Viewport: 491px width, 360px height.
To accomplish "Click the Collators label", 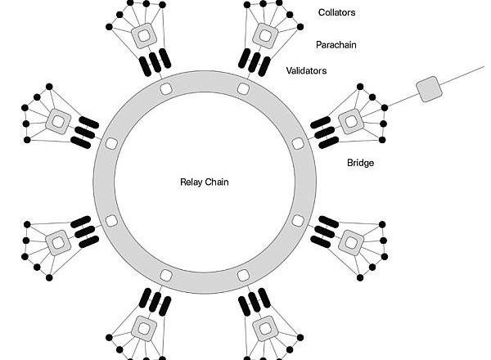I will click(x=337, y=12).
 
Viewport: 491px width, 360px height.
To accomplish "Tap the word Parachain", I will click(x=336, y=44).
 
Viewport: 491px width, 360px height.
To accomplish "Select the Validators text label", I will click(x=307, y=71).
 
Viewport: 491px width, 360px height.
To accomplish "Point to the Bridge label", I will click(x=360, y=163).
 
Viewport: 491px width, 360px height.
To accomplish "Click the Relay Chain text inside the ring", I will click(x=205, y=182).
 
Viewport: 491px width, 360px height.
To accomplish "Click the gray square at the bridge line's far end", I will click(x=428, y=89).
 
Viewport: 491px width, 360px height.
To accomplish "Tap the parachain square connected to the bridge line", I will click(x=351, y=121).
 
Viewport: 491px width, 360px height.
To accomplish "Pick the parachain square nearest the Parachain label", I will click(x=264, y=35).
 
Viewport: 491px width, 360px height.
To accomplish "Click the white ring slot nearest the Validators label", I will click(x=243, y=88).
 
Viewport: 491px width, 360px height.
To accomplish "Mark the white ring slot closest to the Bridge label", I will click(x=297, y=143).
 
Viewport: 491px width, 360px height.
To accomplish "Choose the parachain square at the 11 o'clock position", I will click(x=145, y=35).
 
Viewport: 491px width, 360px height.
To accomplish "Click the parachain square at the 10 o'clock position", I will click(x=58, y=121).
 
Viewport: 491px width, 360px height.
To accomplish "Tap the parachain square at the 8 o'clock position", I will click(x=58, y=241).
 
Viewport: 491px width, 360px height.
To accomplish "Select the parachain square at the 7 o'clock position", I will click(x=145, y=328).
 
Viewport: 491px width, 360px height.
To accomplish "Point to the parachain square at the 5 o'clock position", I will click(x=264, y=328).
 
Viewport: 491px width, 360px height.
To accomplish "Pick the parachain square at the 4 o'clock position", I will click(x=351, y=241).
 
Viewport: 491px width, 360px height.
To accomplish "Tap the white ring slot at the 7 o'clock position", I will click(x=165, y=275).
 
